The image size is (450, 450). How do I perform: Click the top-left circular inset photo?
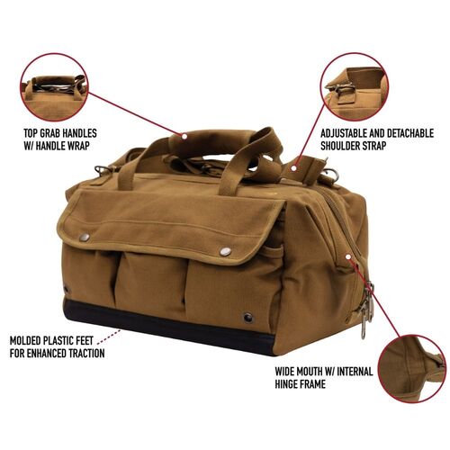tap(56, 88)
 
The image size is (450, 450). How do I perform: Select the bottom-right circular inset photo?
tap(410, 369)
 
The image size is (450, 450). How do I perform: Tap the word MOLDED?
tap(29, 342)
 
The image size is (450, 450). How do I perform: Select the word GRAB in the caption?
tap(54, 133)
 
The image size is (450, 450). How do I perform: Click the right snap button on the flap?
tap(225, 251)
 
